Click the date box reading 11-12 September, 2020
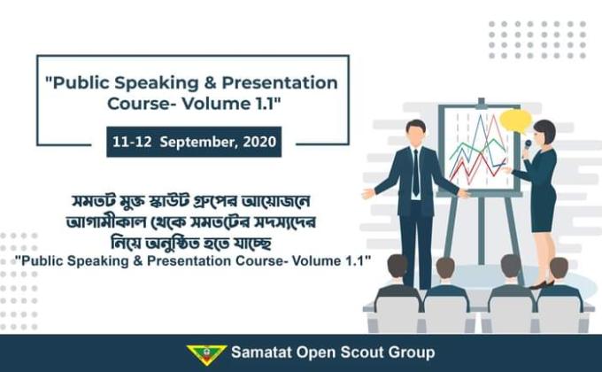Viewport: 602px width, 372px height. coord(194,142)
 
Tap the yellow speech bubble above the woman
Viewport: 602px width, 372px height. coord(514,119)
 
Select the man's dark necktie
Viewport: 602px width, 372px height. coord(415,173)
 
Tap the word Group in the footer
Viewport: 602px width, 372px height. coord(412,353)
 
